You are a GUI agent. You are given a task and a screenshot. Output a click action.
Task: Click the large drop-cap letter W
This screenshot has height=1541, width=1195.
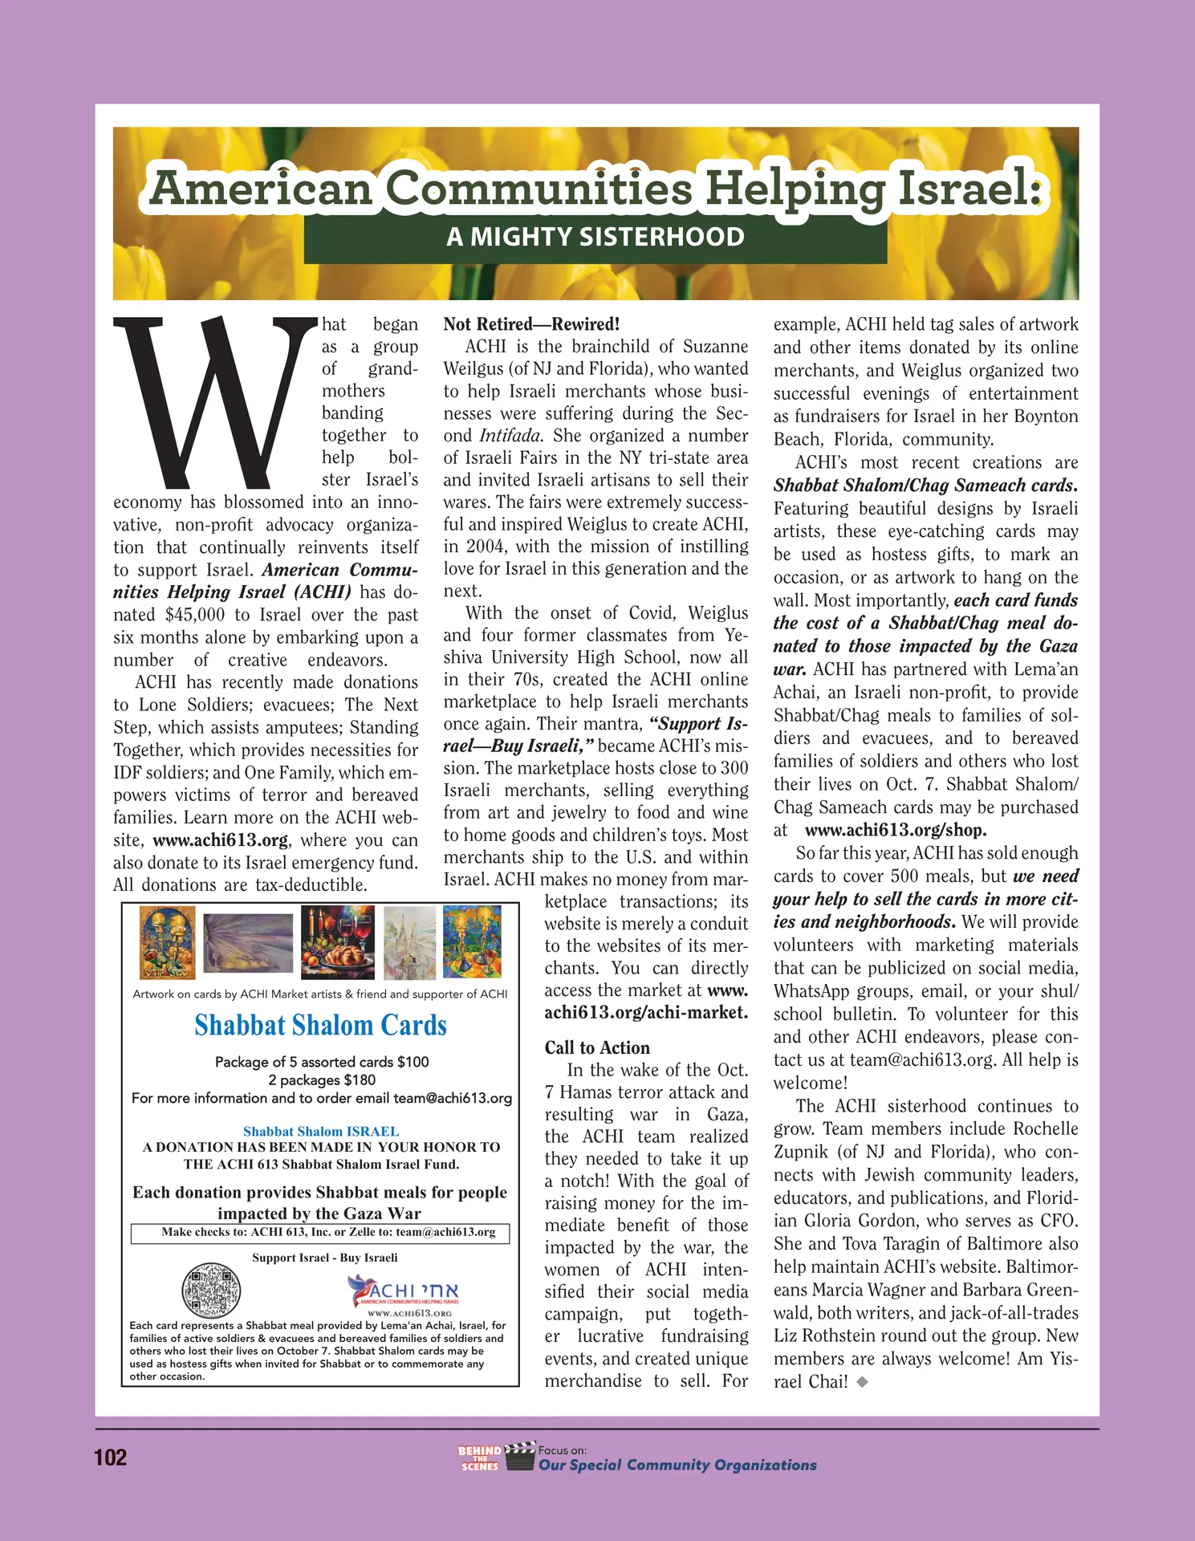(x=215, y=401)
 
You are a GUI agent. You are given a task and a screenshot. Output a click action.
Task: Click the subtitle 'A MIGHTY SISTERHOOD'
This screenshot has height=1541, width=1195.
(x=595, y=238)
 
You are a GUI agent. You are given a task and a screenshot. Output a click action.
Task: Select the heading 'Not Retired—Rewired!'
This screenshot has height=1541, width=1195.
(x=531, y=324)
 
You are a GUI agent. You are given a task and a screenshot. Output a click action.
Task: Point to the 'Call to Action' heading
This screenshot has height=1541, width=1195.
(x=597, y=1047)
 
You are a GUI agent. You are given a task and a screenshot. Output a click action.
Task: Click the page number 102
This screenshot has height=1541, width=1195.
(x=111, y=1458)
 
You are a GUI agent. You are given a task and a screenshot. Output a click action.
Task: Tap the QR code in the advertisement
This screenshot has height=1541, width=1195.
(x=211, y=1291)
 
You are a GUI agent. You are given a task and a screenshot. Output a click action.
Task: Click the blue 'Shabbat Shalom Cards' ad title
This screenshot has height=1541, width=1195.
(x=320, y=1026)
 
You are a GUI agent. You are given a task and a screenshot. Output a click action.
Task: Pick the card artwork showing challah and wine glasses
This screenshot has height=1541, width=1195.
(x=337, y=942)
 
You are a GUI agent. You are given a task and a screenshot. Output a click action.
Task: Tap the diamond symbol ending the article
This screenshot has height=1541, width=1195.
(x=862, y=1382)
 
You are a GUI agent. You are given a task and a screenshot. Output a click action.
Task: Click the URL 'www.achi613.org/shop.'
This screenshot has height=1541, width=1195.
(x=896, y=831)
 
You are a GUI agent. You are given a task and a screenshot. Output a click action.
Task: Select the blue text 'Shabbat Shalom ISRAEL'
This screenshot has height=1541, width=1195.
(x=321, y=1131)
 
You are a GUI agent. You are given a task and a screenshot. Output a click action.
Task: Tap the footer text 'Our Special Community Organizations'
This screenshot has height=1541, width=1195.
(x=677, y=1466)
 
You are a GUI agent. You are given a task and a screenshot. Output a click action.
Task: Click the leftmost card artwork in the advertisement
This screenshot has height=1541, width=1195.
(x=167, y=942)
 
